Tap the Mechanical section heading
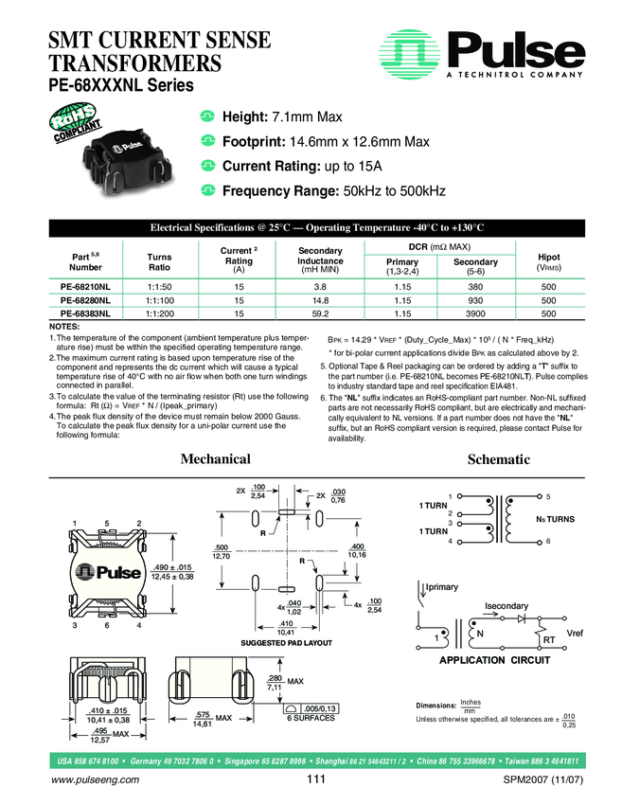click(215, 459)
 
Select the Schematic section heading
click(498, 459)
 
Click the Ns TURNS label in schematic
click(556, 520)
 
